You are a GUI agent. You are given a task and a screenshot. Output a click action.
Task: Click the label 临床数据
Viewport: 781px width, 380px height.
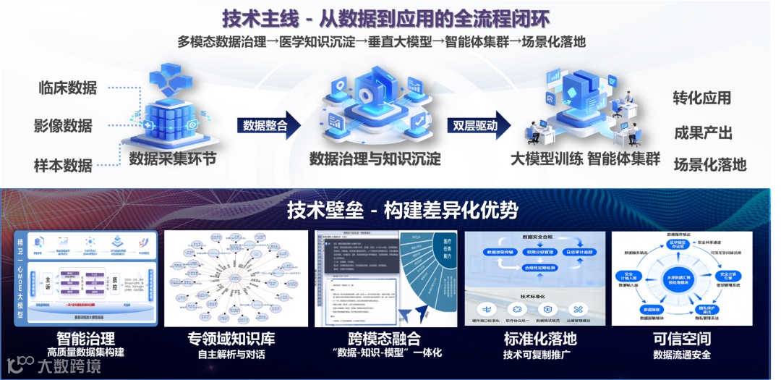tap(67, 88)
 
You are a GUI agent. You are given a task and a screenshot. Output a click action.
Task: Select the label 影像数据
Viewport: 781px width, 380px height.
tap(63, 126)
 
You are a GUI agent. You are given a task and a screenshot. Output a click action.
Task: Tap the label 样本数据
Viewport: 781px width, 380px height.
tap(63, 165)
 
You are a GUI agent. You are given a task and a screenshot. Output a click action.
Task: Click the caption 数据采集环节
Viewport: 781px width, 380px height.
tap(172, 159)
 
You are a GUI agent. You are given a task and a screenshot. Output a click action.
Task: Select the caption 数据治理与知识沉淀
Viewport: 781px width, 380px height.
tap(375, 159)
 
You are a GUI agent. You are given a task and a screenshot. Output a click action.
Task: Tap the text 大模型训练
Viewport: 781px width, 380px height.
tap(545, 159)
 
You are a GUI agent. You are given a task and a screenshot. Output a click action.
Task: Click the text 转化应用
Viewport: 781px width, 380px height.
tap(701, 98)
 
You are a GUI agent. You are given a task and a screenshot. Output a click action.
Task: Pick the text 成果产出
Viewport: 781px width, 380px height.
tap(703, 132)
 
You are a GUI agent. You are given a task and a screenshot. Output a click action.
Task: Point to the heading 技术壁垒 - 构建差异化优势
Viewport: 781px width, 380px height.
tap(403, 210)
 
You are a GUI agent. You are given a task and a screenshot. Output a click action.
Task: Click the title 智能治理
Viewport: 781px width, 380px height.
tap(86, 338)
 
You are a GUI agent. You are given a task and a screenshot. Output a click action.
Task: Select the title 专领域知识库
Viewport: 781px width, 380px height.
tap(231, 338)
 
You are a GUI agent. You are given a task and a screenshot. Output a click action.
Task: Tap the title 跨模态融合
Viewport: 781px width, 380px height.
tap(384, 338)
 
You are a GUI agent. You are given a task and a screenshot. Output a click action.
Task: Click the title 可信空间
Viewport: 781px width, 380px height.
tap(681, 338)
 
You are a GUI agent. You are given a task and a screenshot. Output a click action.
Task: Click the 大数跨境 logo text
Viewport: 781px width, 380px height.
tap(69, 366)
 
